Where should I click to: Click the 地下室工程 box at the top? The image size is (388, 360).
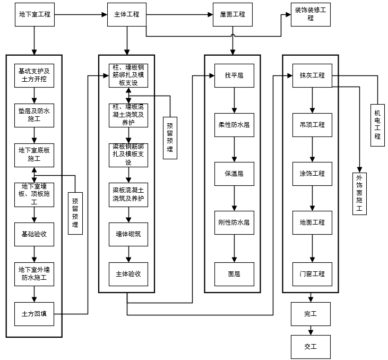(x=35, y=14)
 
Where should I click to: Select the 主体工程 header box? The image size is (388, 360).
(x=127, y=14)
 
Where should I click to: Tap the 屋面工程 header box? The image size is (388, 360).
(x=232, y=14)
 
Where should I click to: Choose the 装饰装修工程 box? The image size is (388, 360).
(x=311, y=14)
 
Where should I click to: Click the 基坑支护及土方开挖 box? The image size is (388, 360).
(x=34, y=75)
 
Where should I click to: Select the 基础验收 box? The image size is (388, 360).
(x=34, y=234)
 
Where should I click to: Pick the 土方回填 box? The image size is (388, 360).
(x=34, y=313)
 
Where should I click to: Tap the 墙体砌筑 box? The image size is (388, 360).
(x=128, y=234)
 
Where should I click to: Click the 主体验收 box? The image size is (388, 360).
(x=128, y=274)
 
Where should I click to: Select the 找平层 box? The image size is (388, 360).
(x=234, y=75)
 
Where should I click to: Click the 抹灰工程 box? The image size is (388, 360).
(x=312, y=75)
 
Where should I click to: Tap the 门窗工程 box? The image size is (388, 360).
(x=312, y=274)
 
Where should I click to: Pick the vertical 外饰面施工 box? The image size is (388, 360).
(x=360, y=192)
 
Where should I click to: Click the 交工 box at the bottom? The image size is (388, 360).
(x=311, y=347)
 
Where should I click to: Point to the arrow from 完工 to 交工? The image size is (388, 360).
(x=311, y=330)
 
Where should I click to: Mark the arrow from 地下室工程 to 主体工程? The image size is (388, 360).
(x=80, y=14)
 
